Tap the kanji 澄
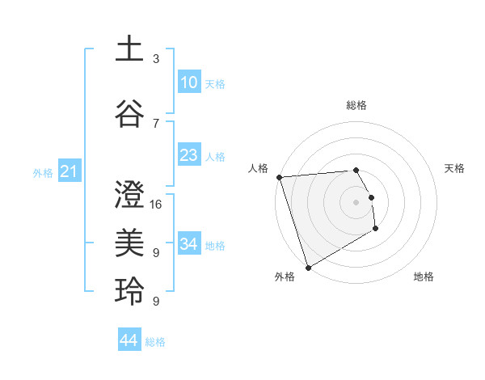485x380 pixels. coord(130,194)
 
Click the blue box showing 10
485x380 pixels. coord(189,82)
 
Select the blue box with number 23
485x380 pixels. coord(189,155)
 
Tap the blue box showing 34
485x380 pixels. coord(189,244)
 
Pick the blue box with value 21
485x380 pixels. coord(69,171)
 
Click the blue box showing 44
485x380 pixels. coord(129,340)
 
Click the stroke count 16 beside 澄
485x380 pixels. coord(156,205)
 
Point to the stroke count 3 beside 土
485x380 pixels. coord(156,59)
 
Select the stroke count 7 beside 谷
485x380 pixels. coord(156,124)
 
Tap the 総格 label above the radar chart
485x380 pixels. coord(356,105)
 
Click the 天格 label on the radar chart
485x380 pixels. coord(455,168)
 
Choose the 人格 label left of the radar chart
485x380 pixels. coord(258,168)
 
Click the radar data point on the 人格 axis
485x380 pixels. coord(279,177)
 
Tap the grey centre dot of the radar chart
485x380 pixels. coord(356,202)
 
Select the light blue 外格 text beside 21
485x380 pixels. coord(43,172)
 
